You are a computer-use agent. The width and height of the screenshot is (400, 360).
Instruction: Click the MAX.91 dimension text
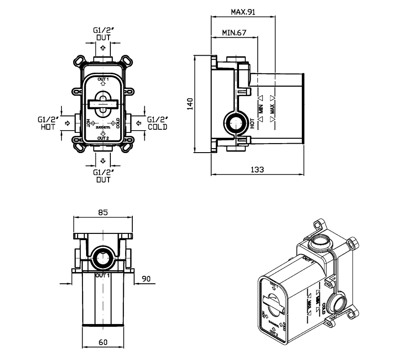(x=243, y=12)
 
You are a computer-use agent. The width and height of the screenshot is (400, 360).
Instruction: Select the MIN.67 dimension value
(x=234, y=33)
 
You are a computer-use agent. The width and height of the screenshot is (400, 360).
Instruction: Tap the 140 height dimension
(x=190, y=104)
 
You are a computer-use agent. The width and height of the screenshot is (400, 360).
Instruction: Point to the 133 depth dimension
(x=257, y=169)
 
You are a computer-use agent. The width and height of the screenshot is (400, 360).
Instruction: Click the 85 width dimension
(x=103, y=213)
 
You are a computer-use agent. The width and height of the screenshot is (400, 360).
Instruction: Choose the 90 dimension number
(x=146, y=279)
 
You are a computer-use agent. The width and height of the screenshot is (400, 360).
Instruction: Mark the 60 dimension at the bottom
(x=103, y=342)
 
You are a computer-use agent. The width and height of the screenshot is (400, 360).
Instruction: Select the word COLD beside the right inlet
(x=157, y=127)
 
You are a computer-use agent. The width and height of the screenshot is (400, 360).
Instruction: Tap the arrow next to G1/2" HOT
(x=68, y=122)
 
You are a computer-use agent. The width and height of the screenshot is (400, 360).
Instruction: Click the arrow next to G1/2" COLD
(x=138, y=122)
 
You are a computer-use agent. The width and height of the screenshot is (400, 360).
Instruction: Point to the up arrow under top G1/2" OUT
(x=103, y=48)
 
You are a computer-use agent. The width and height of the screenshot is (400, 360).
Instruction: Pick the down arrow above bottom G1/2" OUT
(x=103, y=161)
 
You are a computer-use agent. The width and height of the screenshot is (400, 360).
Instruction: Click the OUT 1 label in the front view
(x=103, y=79)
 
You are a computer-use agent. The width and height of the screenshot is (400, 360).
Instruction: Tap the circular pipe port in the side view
(x=235, y=122)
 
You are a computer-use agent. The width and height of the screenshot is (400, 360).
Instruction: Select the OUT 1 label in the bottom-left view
(x=103, y=275)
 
